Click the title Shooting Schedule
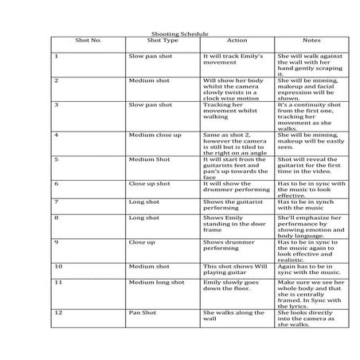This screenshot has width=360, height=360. point(179,34)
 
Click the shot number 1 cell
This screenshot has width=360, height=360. point(57,57)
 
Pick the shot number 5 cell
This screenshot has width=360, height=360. point(57,159)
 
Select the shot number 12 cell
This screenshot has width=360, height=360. point(58,314)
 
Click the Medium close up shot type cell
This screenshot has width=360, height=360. point(155,135)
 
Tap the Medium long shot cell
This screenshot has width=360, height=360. point(156,283)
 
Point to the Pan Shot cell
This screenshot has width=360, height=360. point(142,314)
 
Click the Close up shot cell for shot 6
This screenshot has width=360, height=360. point(149,184)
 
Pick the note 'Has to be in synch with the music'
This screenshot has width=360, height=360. point(311,205)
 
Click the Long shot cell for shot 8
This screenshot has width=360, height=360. point(144,217)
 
